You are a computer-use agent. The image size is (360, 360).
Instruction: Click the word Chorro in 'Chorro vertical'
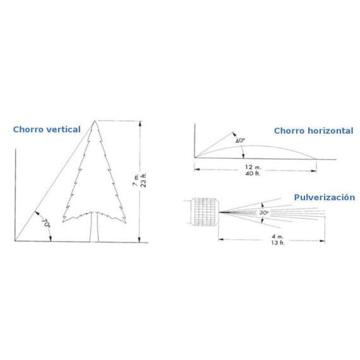click(28, 129)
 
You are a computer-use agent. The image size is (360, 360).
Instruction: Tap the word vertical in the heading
click(63, 129)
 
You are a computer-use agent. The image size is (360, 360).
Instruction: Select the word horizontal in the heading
click(330, 131)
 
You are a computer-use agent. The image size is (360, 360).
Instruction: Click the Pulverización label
click(325, 198)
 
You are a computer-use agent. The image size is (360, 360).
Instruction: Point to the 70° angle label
click(46, 223)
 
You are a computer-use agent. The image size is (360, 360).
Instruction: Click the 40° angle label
click(240, 140)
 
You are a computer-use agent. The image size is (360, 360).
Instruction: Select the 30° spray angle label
click(264, 213)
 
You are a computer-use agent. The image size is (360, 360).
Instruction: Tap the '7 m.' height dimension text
click(135, 180)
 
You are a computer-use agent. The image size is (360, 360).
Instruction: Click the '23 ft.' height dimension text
click(143, 180)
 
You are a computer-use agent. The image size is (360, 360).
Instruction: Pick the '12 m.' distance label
click(253, 167)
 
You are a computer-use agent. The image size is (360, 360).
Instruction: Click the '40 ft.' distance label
click(253, 173)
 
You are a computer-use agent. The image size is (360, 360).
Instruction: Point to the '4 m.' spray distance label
click(278, 236)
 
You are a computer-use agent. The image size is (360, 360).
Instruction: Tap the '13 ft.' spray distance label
click(278, 243)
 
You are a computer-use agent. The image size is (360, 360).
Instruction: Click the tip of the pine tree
click(95, 121)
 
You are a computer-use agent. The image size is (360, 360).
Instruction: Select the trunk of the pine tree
click(94, 227)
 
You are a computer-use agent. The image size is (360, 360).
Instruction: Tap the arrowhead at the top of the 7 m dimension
click(140, 124)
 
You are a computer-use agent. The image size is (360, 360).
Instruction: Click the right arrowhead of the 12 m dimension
click(314, 171)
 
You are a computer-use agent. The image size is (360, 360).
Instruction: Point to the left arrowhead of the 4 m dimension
click(221, 240)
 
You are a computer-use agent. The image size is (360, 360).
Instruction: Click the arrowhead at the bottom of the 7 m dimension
click(139, 239)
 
